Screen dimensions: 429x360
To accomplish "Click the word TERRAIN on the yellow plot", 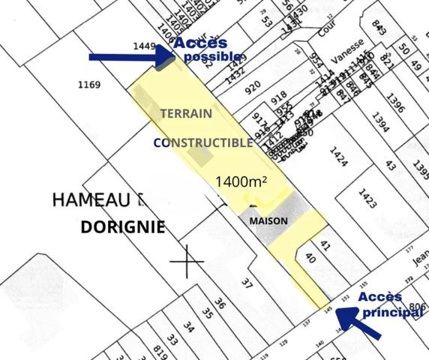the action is pos(186,114).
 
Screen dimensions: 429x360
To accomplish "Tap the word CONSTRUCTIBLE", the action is pos(203,142).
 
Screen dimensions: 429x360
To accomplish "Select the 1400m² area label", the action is pos(241,181).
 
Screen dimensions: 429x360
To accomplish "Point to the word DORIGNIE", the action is pos(122,227).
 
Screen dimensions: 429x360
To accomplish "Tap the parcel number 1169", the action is pos(88,85).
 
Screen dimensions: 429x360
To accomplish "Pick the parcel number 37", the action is pos(246,282).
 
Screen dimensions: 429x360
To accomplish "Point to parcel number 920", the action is pos(253,87).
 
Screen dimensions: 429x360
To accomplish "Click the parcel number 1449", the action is pos(142,46).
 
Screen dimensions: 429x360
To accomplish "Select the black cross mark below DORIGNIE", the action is pos(187,261).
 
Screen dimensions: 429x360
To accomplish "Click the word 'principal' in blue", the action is pos(393,311).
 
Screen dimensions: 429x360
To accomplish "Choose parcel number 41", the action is pos(324,245).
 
